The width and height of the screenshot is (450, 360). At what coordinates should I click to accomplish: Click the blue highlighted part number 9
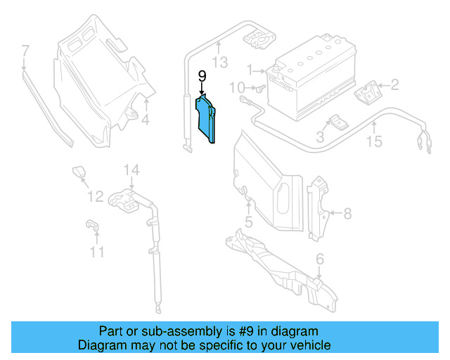point(207,122)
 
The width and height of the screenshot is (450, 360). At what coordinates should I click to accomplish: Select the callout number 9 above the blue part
point(202,75)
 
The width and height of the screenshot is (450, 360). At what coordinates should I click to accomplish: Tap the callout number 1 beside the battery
point(249,69)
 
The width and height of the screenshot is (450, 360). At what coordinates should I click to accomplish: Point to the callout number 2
point(394,86)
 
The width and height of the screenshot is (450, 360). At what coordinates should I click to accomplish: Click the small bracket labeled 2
point(368,94)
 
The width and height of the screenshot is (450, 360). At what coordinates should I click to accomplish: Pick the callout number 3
point(320,138)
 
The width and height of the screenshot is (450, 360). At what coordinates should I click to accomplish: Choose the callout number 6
point(320,260)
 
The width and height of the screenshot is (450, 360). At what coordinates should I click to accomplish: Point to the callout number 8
point(347,213)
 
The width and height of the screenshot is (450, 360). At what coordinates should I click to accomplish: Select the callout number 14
point(132,169)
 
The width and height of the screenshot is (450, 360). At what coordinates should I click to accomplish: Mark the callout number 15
point(374,142)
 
